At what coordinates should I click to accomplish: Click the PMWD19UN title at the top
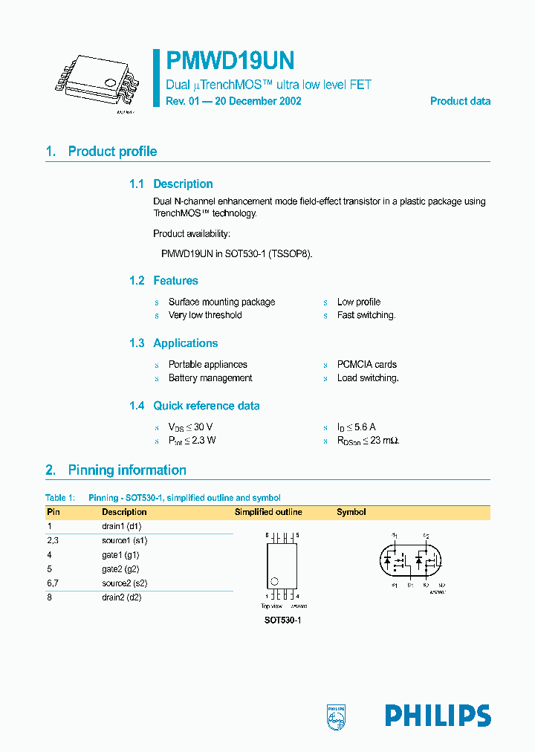coord(230,60)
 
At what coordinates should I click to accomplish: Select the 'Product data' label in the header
coord(460,101)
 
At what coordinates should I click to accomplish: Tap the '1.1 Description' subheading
coord(171,184)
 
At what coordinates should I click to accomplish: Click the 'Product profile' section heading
coord(112,152)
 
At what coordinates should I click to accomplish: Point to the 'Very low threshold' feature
coord(204,315)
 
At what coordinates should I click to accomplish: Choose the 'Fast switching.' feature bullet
coord(366,315)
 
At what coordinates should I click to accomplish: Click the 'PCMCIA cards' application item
coord(366,365)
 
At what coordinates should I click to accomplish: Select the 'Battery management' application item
coord(210,378)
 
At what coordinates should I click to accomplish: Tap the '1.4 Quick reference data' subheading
coord(195,406)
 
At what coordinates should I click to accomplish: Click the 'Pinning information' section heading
coord(127,470)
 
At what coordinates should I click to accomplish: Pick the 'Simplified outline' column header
coord(268,512)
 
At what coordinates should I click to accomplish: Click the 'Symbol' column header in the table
coord(351,512)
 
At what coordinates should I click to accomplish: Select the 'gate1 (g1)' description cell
coord(120,555)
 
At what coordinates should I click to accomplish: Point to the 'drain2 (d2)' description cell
coord(121,597)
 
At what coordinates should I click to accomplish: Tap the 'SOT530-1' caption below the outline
coord(282,620)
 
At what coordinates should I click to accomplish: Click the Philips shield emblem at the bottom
coord(337,716)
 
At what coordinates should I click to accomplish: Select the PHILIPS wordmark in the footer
coord(438,716)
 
